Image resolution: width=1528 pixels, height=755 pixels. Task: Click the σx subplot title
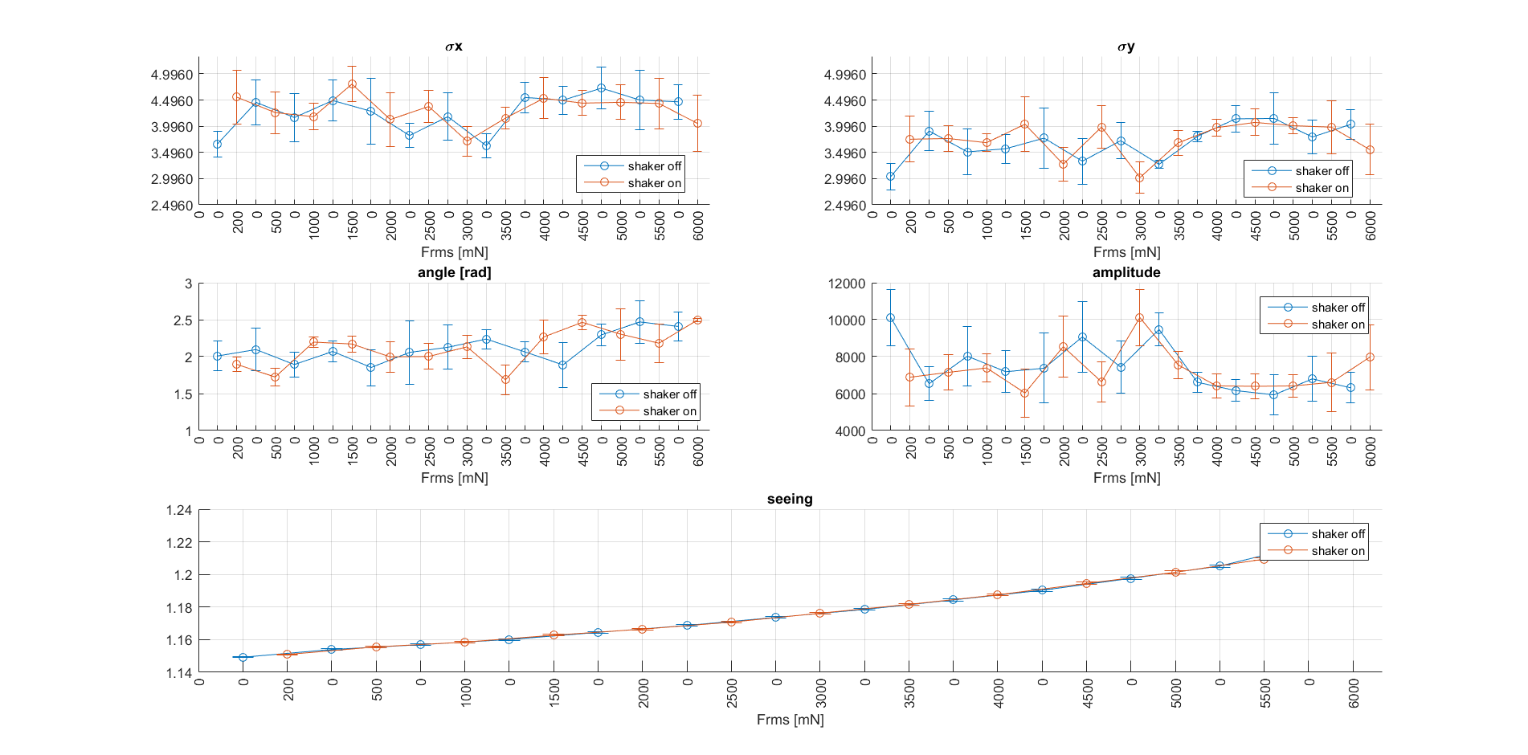[x=454, y=47]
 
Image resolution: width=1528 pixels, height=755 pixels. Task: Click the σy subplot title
[x=1126, y=47]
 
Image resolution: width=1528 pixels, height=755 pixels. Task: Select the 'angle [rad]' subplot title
[x=454, y=272]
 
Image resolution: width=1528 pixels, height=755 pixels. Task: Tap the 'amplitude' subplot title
[x=1126, y=272]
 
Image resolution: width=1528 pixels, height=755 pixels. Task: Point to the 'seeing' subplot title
[x=790, y=499]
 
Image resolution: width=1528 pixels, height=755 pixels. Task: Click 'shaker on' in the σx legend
[x=654, y=183]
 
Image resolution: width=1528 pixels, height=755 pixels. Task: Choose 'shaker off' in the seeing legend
[x=1338, y=534]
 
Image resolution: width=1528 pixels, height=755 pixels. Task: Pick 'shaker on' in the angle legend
[x=669, y=411]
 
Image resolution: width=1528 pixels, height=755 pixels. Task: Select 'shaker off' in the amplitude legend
[x=1338, y=308]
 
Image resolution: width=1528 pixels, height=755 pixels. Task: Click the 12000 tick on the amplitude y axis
[x=847, y=284]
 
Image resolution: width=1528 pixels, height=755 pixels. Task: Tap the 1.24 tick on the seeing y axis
[x=179, y=510]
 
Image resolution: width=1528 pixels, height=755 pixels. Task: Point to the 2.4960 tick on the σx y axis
[x=172, y=206]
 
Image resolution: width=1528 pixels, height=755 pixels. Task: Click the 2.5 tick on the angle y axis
[x=182, y=320]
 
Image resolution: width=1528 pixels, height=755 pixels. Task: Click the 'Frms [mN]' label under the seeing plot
[x=790, y=720]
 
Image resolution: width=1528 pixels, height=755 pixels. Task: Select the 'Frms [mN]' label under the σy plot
[x=1126, y=252]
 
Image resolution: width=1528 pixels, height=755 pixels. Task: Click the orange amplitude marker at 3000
[x=1139, y=318]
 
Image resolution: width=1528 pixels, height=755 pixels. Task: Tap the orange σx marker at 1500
[x=352, y=84]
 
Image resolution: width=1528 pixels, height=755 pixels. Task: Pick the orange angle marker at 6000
[x=697, y=320]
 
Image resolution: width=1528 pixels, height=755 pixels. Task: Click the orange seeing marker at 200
[x=287, y=654]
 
